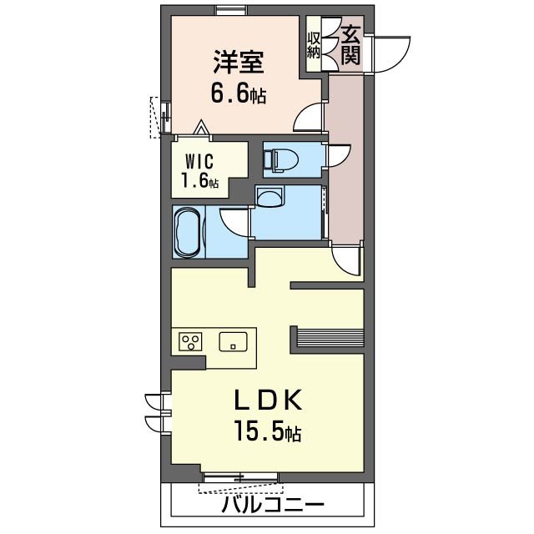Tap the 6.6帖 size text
click(238, 93)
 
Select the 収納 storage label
click(314, 44)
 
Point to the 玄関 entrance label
click(351, 44)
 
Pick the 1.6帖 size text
click(200, 179)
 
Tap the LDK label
click(266, 400)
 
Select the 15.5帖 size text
click(266, 433)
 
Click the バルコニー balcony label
click(272, 506)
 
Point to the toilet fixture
click(280, 159)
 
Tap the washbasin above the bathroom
click(270, 197)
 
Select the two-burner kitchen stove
click(191, 341)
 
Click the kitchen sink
click(234, 341)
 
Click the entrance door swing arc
click(390, 55)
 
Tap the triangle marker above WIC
click(201, 128)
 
